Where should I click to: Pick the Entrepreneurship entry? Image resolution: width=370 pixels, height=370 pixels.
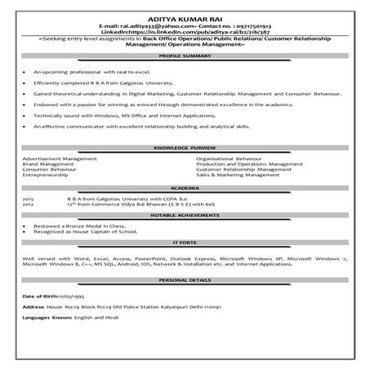(x=51, y=175)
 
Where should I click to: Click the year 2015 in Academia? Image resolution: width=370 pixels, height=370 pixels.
(x=29, y=198)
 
